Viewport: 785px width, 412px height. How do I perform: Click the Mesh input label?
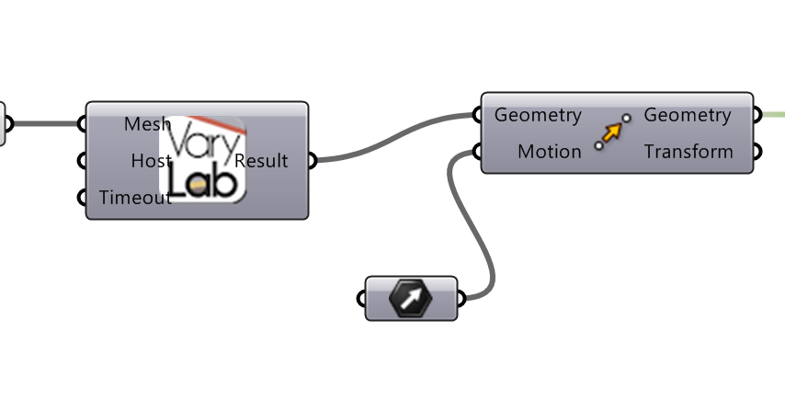(147, 124)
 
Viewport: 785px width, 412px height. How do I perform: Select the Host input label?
(151, 161)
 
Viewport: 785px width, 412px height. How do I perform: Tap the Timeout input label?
(134, 197)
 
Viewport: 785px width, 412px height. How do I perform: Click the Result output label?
(262, 161)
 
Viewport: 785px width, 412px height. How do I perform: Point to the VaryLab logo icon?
(203, 159)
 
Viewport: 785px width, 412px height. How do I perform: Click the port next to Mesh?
(85, 124)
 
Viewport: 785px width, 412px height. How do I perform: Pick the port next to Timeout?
(85, 197)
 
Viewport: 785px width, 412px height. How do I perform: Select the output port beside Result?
(310, 161)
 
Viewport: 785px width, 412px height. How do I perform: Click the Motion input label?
(549, 152)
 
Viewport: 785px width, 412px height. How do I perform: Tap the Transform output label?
(688, 152)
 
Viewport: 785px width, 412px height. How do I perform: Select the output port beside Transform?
(756, 152)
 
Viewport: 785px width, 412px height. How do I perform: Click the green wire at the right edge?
(774, 115)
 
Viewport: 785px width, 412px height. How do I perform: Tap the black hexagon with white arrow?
(411, 299)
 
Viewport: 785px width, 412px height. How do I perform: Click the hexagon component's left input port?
(364, 299)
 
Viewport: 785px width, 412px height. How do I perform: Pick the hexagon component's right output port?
(459, 299)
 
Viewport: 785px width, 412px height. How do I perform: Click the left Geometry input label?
(538, 115)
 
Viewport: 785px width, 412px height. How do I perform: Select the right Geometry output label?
(687, 115)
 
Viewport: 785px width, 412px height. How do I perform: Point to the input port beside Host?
(85, 161)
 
